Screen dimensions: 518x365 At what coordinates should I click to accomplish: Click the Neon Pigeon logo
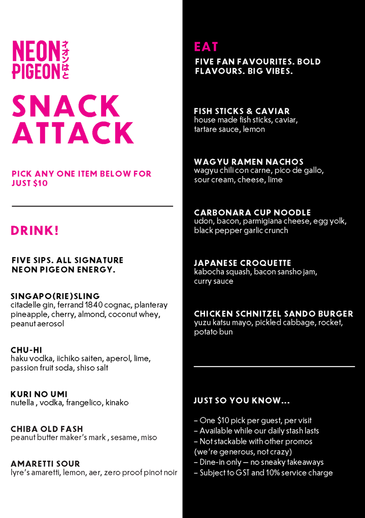[41, 59]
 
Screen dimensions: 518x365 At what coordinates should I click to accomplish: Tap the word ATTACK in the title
[73, 132]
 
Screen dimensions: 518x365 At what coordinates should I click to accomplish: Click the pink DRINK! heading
[35, 231]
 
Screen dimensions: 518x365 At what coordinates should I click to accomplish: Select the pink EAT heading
[206, 47]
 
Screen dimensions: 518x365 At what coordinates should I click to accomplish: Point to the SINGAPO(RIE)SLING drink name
[55, 296]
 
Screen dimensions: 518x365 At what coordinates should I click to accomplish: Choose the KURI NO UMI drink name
[39, 394]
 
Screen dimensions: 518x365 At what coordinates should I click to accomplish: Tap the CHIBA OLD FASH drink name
[47, 429]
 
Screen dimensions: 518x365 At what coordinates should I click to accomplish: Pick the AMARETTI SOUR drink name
[45, 464]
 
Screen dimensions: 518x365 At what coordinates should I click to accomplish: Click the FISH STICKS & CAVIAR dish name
[242, 111]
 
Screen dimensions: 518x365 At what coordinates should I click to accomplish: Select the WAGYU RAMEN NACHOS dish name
[249, 162]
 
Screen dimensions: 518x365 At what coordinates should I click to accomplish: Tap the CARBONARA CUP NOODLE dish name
[252, 212]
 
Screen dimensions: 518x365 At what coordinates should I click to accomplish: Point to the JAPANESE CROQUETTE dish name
[243, 263]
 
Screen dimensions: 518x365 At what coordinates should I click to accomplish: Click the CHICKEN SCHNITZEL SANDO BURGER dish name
[274, 314]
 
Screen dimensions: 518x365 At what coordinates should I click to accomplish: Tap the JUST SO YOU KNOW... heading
[242, 401]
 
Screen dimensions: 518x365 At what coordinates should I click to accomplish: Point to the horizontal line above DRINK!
[92, 206]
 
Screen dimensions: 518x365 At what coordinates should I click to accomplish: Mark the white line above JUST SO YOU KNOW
[274, 366]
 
